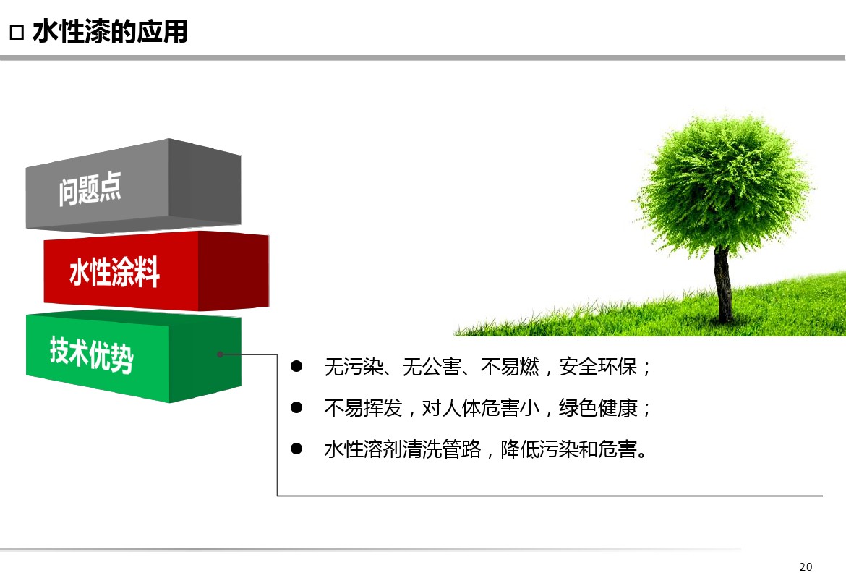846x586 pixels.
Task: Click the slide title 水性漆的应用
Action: [x=110, y=32]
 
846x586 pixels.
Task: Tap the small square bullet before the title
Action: [x=17, y=33]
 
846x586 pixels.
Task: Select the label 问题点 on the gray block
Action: [x=90, y=188]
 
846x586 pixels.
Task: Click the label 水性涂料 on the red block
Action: [x=114, y=271]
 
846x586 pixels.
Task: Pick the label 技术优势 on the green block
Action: [x=91, y=354]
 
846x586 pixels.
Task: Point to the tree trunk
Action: [x=723, y=284]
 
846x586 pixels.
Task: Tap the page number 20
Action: [x=806, y=567]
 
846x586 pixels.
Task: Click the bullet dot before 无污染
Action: [x=296, y=366]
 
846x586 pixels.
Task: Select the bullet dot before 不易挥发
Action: [x=296, y=407]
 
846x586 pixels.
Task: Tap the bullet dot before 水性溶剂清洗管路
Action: [x=296, y=449]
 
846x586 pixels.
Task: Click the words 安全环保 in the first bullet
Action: [x=598, y=367]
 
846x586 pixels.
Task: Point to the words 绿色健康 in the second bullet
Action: [x=598, y=408]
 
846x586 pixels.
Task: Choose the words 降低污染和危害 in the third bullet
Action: [x=568, y=449]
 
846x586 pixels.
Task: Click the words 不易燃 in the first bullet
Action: [x=510, y=367]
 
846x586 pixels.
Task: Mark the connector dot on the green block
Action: [x=220, y=354]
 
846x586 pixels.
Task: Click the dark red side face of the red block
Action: [x=234, y=271]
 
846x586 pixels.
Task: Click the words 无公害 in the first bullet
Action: [x=432, y=367]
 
